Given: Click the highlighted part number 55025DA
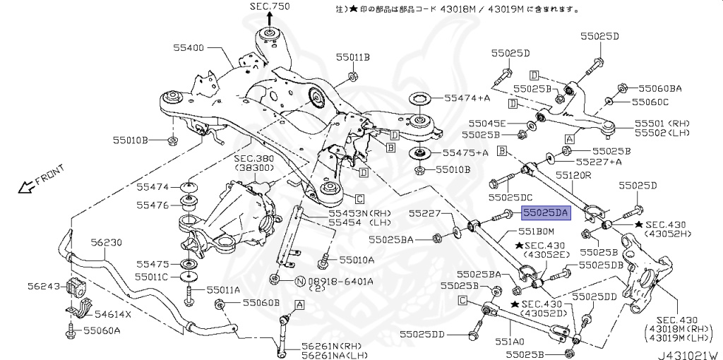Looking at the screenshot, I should tap(545, 212).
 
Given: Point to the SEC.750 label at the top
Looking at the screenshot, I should tap(270, 6).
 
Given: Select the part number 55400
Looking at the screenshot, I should tap(189, 48).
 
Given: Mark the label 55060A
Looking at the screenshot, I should tap(102, 330).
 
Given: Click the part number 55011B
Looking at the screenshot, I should tap(353, 57).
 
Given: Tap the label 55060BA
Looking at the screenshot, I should tap(660, 88).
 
